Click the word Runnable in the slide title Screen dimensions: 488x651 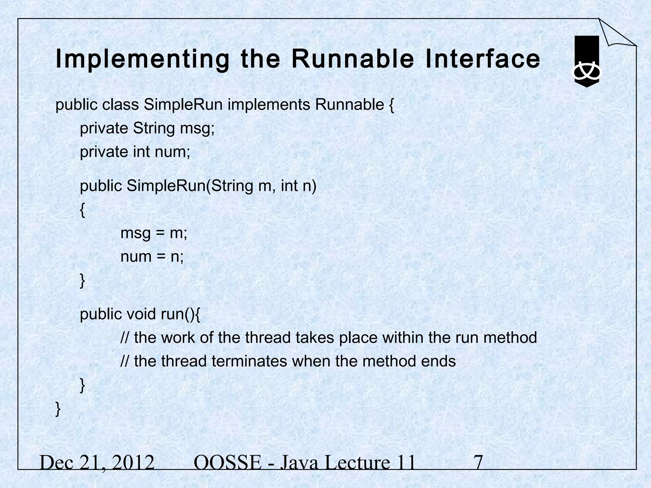coord(353,59)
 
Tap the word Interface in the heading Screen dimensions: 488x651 coord(483,59)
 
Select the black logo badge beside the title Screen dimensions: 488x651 coord(587,61)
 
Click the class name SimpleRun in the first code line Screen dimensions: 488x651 coord(183,105)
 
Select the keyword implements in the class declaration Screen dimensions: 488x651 coord(269,105)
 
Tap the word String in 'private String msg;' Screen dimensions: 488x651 coord(154,129)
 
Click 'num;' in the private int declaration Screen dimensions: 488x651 coord(172,152)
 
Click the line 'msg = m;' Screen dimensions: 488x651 coord(154,234)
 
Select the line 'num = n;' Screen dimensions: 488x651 coord(152,257)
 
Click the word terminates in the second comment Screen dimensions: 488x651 coord(249,361)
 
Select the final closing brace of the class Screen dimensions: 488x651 coord(58,409)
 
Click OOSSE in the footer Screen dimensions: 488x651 coord(227,462)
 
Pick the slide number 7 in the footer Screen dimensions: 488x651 coord(478,462)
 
